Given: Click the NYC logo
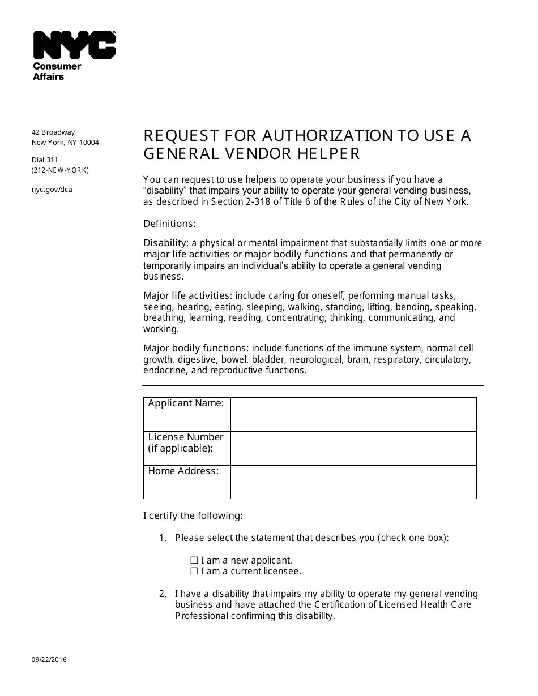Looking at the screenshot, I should pyautogui.click(x=74, y=45).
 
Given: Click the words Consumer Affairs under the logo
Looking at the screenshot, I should pyautogui.click(x=57, y=71).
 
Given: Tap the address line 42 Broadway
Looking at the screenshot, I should pyautogui.click(x=53, y=132).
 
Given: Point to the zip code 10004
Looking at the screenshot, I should pyautogui.click(x=88, y=143).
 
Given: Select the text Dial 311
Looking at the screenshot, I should pyautogui.click(x=45, y=160).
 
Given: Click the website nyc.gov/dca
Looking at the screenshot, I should pyautogui.click(x=52, y=190).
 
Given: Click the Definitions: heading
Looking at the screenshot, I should pyautogui.click(x=169, y=224).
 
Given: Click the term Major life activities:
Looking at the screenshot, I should pyautogui.click(x=187, y=295).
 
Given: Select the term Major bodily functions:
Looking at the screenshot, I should pyautogui.click(x=196, y=348).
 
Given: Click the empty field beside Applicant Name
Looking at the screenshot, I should pyautogui.click(x=353, y=414).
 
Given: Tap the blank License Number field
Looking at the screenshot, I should pyautogui.click(x=353, y=448).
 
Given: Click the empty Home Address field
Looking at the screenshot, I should pyautogui.click(x=353, y=482).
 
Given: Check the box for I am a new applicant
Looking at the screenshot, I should pyautogui.click(x=194, y=560).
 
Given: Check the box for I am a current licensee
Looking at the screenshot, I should pyautogui.click(x=194, y=571).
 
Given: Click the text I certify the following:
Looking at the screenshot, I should pyautogui.click(x=193, y=515).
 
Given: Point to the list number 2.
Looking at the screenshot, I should pyautogui.click(x=163, y=594).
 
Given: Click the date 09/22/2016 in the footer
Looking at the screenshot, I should pyautogui.click(x=49, y=660).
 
